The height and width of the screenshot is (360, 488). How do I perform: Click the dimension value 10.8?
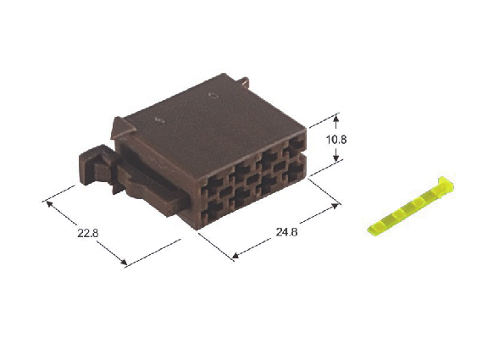coord(336,140)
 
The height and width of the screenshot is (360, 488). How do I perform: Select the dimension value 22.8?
coord(88,233)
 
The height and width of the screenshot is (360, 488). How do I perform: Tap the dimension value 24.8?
coord(286,232)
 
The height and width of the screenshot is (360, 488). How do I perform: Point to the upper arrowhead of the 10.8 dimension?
coord(335,119)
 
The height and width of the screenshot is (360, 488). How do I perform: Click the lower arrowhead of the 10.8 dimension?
coord(336,158)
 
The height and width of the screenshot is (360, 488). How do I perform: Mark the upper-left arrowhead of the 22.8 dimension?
coord(49,204)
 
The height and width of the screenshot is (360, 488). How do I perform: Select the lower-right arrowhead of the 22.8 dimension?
coord(124,262)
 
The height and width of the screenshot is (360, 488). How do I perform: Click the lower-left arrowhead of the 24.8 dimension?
coord(236,255)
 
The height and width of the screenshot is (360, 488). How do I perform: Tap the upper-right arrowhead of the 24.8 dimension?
coord(335,206)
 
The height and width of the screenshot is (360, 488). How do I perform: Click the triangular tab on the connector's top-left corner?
coord(121,128)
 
